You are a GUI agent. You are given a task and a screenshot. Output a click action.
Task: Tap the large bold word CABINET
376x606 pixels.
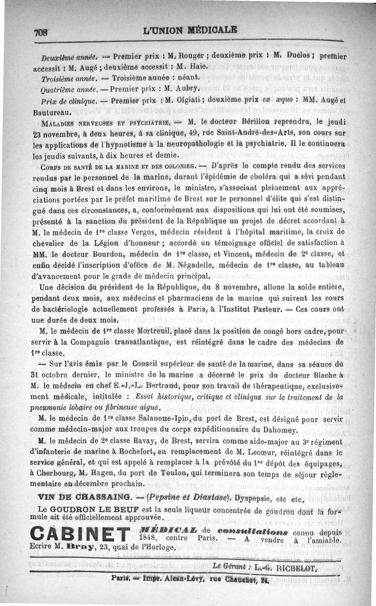(x=79, y=535)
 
